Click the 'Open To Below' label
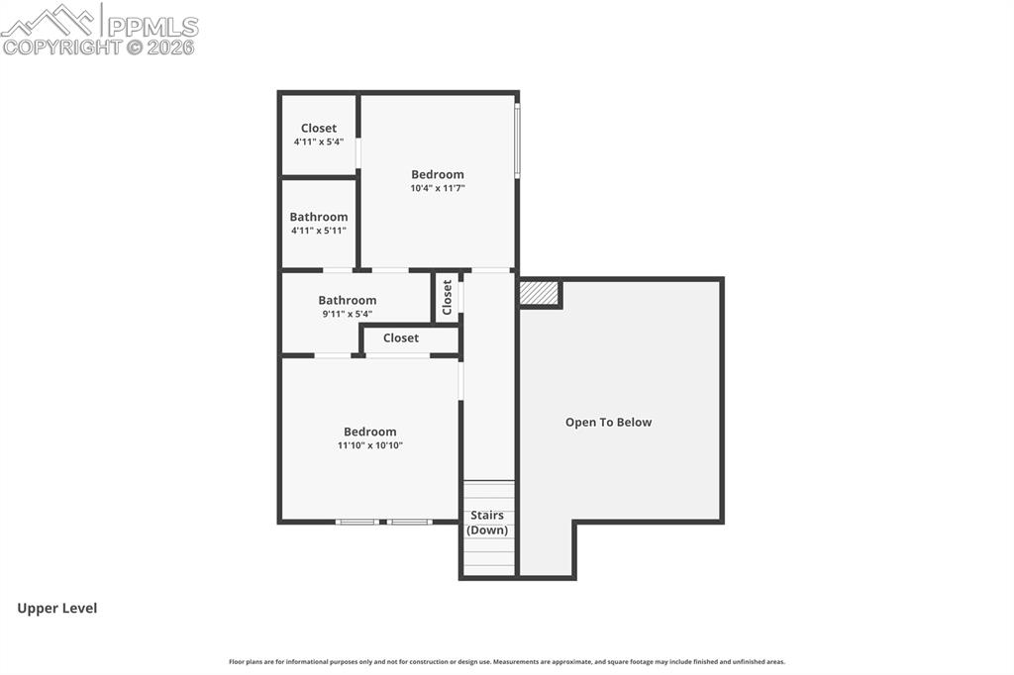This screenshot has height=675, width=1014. pyautogui.click(x=609, y=423)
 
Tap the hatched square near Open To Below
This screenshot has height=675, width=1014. pyautogui.click(x=539, y=292)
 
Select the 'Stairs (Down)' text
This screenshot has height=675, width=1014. pyautogui.click(x=487, y=523)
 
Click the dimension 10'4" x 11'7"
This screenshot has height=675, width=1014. pyautogui.click(x=438, y=188)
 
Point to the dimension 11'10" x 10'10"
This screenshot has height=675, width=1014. pyautogui.click(x=370, y=445)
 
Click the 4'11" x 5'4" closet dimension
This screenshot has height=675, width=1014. pyautogui.click(x=319, y=142)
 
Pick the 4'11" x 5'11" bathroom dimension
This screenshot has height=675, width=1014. pyautogui.click(x=319, y=231)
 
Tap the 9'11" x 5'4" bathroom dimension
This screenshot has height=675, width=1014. pyautogui.click(x=348, y=314)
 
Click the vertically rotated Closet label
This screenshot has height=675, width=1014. pyautogui.click(x=447, y=297)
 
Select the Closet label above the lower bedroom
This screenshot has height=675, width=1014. pyautogui.click(x=401, y=337)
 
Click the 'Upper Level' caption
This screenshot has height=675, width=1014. pyautogui.click(x=56, y=609)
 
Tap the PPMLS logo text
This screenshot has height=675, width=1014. pyautogui.click(x=152, y=26)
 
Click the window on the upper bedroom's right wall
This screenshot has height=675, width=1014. pyautogui.click(x=517, y=139)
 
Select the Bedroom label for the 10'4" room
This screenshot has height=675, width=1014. pyautogui.click(x=438, y=174)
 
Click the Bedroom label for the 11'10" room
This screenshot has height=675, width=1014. pyautogui.click(x=370, y=432)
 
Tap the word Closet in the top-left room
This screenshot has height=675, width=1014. pyautogui.click(x=319, y=128)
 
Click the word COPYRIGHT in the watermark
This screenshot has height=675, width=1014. pyautogui.click(x=62, y=48)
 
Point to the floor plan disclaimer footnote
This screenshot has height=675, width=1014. pyautogui.click(x=507, y=662)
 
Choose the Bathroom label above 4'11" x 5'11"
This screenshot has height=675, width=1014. pyautogui.click(x=319, y=217)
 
